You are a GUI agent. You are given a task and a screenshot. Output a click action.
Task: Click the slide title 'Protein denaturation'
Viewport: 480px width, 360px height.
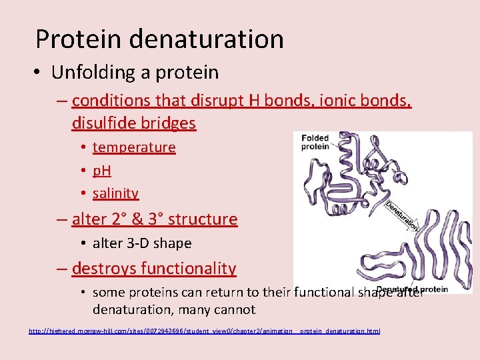tap(159, 39)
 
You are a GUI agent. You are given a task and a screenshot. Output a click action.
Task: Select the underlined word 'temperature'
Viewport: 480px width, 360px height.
tap(134, 147)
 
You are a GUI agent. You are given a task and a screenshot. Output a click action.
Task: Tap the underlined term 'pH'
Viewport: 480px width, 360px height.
tap(102, 171)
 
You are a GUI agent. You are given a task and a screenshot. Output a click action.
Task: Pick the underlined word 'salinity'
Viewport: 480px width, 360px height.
tap(115, 193)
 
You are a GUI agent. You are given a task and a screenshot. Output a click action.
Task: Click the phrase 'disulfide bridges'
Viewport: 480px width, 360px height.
tap(133, 123)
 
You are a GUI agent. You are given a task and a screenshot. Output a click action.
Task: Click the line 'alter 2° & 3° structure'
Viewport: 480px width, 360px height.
tap(154, 219)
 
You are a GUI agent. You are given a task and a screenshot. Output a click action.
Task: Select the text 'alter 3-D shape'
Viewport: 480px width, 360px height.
tap(142, 243)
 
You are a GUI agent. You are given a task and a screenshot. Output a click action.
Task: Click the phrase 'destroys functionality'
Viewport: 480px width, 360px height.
tap(153, 269)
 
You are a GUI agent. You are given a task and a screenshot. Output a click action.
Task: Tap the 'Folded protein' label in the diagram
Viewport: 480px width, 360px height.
tap(315, 143)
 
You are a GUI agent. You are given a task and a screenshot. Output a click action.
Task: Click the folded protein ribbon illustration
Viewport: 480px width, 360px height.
tap(353, 173)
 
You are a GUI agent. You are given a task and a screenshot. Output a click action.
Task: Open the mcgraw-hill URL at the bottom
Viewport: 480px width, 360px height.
tap(204, 331)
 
